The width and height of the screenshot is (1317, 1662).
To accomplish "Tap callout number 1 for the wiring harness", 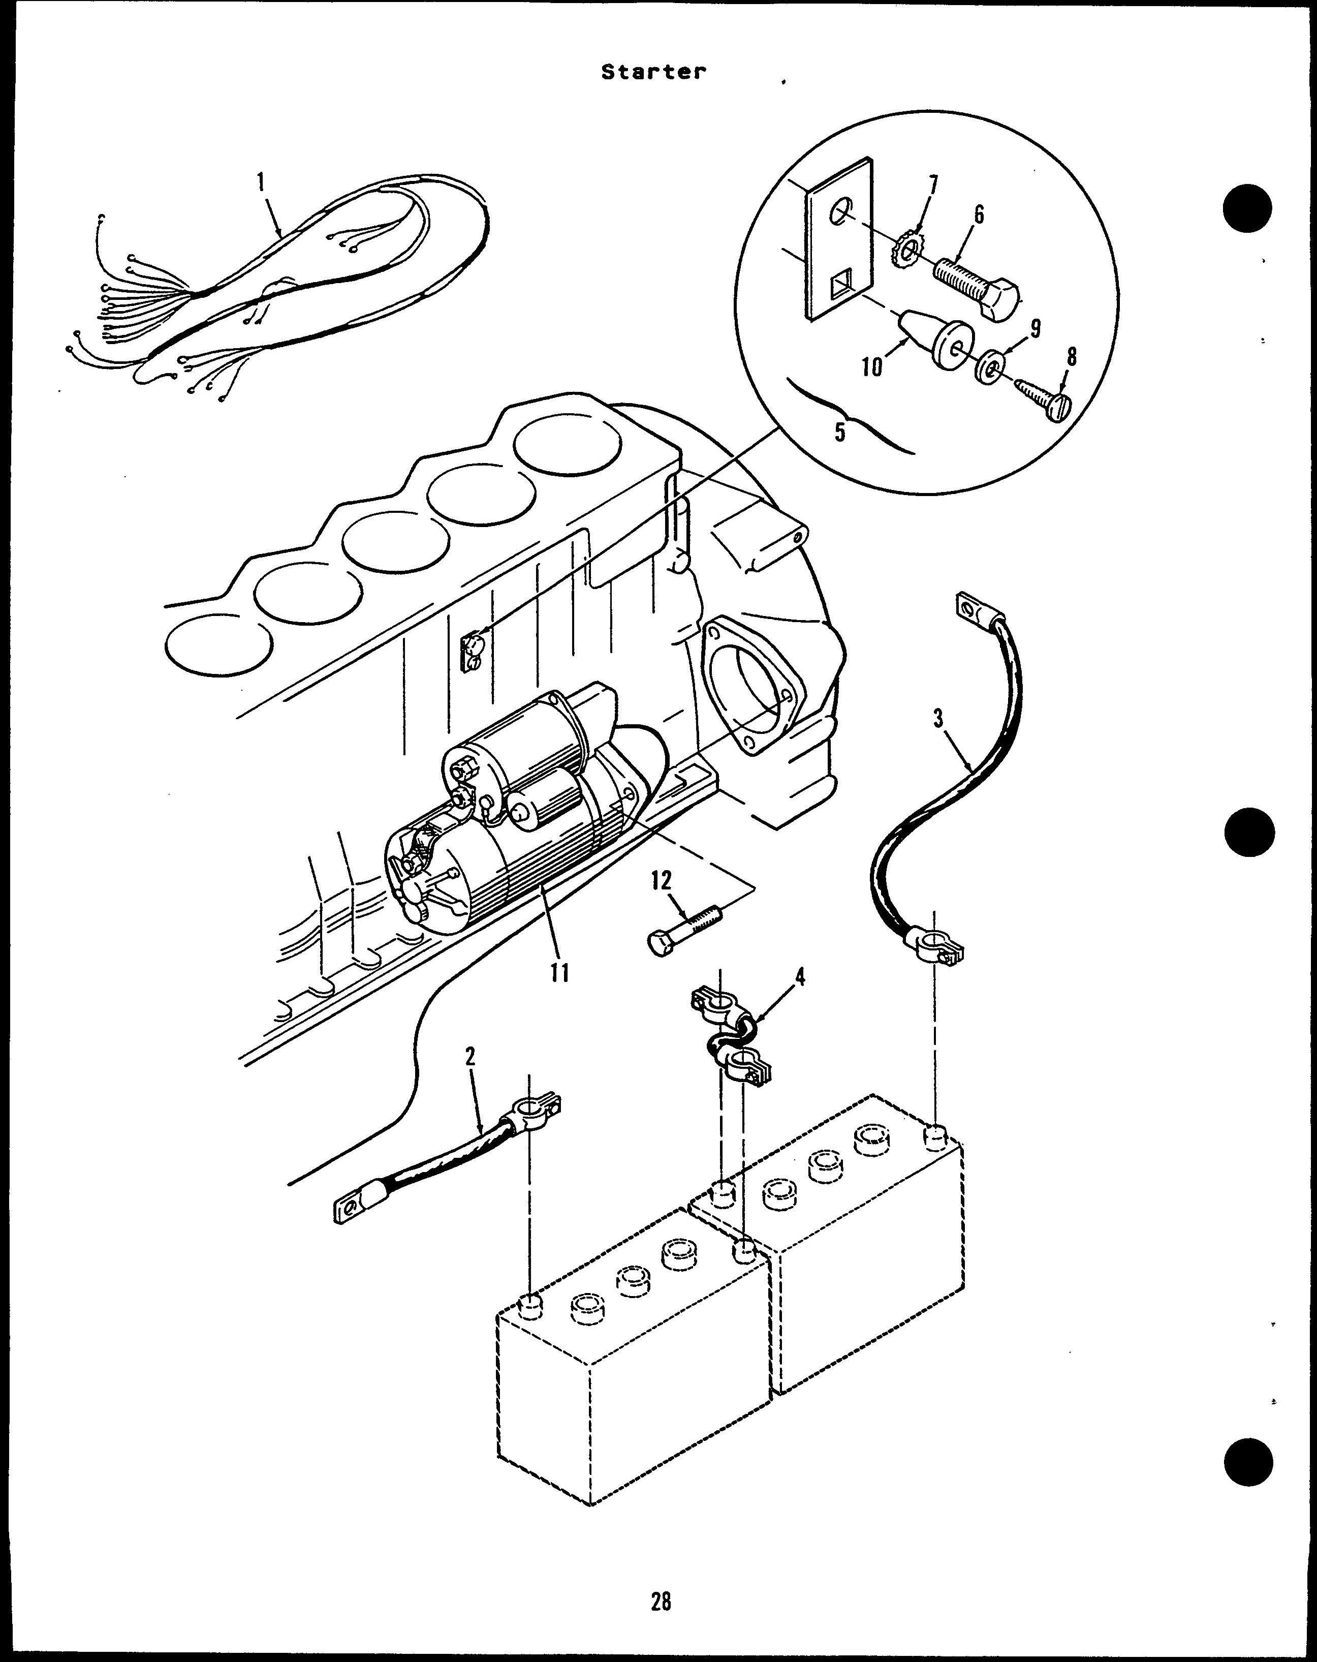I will (261, 182).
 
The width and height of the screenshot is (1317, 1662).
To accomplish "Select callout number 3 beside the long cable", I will (938, 719).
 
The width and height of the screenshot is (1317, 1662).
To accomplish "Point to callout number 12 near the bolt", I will (661, 880).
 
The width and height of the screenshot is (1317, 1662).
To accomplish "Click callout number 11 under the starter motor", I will (559, 973).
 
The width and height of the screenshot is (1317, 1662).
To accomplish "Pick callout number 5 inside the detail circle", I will (840, 432).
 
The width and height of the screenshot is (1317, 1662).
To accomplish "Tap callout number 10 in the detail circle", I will (871, 367).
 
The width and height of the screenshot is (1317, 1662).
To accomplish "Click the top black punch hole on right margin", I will (1247, 206).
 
